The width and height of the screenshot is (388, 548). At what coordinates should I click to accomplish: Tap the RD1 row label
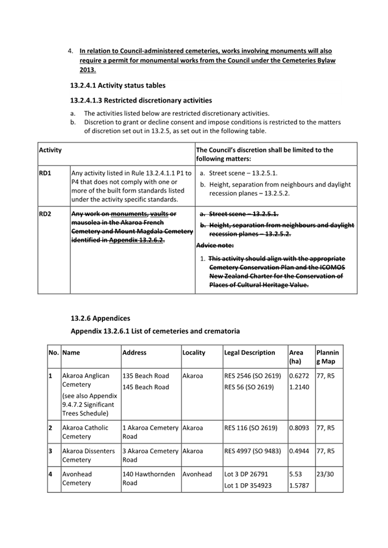coord(45,173)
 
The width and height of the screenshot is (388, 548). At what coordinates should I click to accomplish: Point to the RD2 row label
coord(45,214)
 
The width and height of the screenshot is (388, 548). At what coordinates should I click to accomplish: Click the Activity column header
coord(51,150)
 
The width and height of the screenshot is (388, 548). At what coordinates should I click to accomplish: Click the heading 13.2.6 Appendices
coord(101,318)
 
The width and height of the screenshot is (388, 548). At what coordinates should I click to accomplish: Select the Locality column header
coord(194,352)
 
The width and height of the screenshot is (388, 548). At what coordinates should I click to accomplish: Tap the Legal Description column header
coord(249,352)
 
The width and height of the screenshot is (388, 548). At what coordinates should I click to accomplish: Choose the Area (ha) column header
coord(296,357)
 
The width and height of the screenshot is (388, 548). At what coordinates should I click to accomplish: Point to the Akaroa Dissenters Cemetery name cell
coord(89,456)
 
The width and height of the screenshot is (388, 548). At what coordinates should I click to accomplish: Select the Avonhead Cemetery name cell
coord(77,479)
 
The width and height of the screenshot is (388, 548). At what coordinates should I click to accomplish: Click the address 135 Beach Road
coord(145,376)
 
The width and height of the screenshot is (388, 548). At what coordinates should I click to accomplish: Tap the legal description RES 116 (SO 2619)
coord(251,427)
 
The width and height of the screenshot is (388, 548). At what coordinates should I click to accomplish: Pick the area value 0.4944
coord(299,451)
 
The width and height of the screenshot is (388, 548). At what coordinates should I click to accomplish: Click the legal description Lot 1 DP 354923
coord(248,485)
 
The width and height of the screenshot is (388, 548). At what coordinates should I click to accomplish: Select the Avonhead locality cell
coord(197,474)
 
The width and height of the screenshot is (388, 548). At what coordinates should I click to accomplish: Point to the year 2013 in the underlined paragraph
coord(87,70)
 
